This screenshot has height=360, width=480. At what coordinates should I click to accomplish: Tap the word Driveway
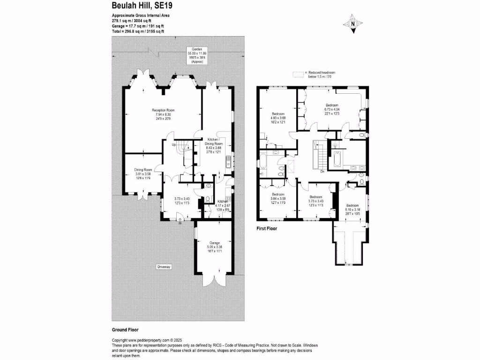click(x=163, y=267)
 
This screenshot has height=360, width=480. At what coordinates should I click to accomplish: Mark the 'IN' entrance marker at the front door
click(x=180, y=224)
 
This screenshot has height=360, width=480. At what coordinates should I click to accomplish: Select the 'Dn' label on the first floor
click(x=322, y=172)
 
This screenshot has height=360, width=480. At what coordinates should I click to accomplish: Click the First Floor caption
click(x=266, y=229)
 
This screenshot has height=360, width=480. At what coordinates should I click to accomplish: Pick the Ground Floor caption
click(x=125, y=330)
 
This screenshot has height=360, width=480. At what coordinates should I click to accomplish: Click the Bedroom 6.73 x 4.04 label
click(x=332, y=108)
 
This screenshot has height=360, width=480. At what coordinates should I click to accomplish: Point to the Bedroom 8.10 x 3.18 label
click(x=352, y=209)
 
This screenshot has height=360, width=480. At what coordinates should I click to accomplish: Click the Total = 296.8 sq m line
click(x=138, y=31)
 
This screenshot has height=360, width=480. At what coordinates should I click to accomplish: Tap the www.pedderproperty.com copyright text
click(x=142, y=340)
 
